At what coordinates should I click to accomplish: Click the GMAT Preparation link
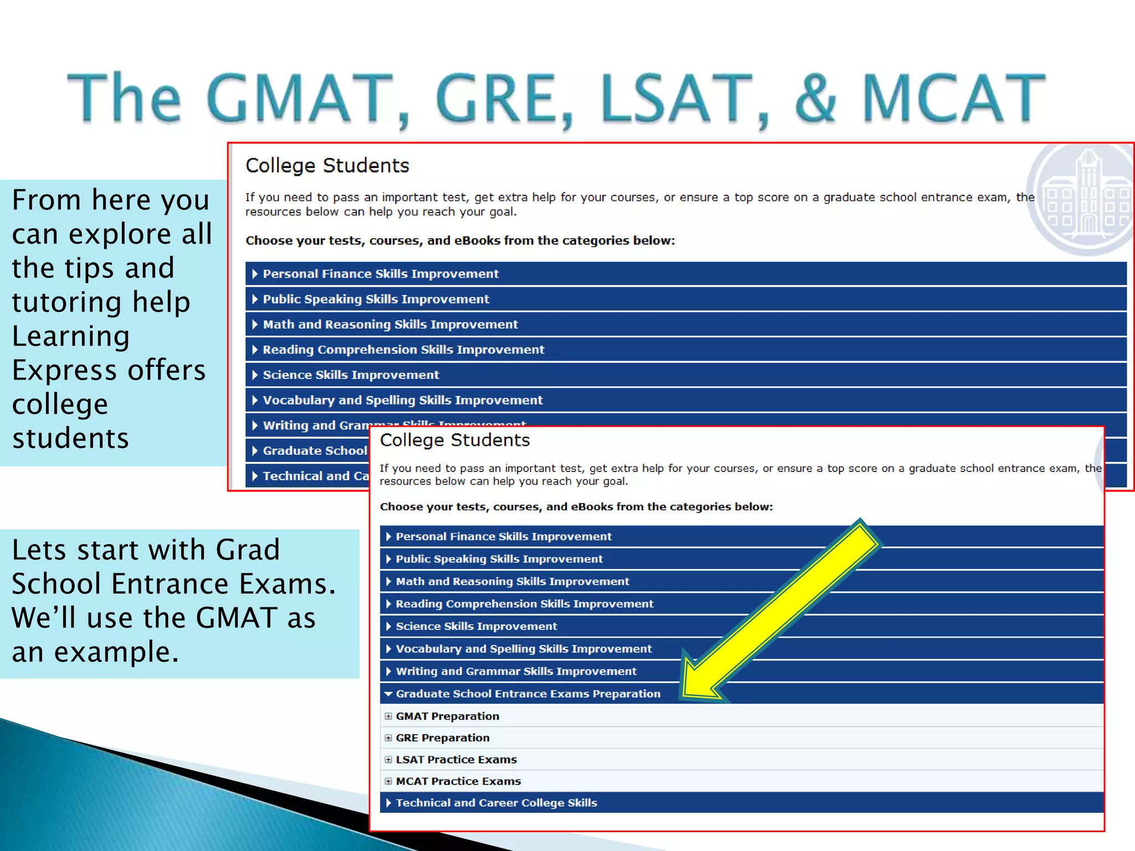coord(447,716)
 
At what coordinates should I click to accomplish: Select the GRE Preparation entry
coord(442,737)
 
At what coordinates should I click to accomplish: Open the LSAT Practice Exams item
coord(456,759)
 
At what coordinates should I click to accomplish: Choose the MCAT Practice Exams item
coord(458,781)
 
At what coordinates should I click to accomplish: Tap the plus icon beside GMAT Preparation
coord(388,716)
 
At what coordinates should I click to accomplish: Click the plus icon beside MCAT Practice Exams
coord(388,781)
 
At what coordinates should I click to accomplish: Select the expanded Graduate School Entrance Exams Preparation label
coord(528,694)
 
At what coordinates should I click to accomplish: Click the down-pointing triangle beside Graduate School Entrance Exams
coord(388,694)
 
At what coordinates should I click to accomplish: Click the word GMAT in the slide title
coord(307,99)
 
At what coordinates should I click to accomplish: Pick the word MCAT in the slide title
coord(953,99)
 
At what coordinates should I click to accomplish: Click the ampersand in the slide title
coord(815,99)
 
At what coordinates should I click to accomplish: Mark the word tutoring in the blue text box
coord(67,303)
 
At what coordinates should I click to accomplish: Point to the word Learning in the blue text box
coord(71,336)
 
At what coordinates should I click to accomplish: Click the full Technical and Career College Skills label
coord(496,803)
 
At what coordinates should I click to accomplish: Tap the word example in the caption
coord(116,652)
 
